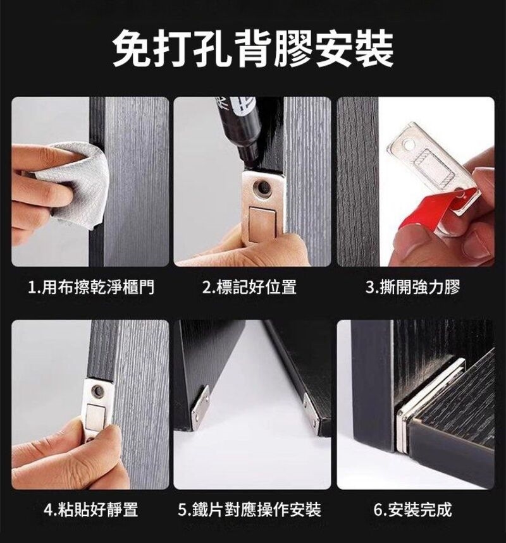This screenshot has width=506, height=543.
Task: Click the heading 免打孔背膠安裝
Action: click(253, 49)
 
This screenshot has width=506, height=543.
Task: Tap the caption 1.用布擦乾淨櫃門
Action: click(91, 287)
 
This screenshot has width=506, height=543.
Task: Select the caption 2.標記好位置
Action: click(250, 287)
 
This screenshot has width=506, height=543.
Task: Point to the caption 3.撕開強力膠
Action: click(412, 287)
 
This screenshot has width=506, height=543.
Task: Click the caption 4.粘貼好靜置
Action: click(91, 509)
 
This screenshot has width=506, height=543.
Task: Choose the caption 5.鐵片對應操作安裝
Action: click(250, 509)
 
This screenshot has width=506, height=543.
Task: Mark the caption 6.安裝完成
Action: click(413, 509)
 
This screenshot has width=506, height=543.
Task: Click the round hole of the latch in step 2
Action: click(262, 188)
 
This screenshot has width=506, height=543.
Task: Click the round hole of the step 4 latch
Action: click(98, 391)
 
